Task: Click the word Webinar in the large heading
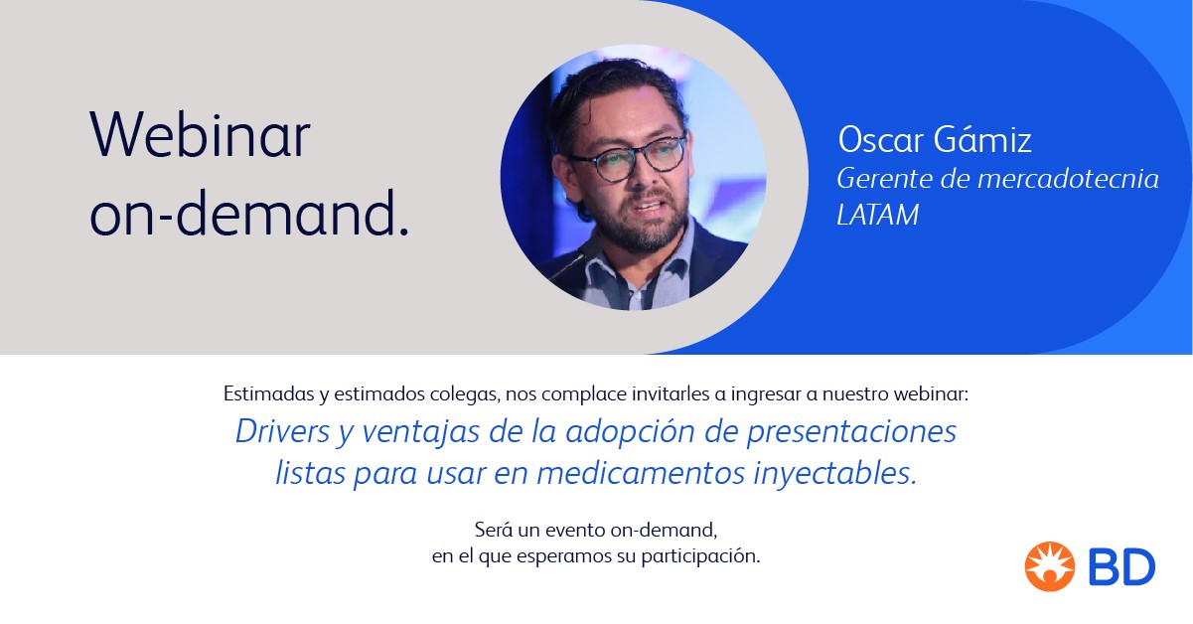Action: [200, 134]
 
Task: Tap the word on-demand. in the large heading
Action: [249, 213]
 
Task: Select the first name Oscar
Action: [881, 140]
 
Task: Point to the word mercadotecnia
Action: [1068, 179]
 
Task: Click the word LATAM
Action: [878, 215]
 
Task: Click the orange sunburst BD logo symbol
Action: [1049, 566]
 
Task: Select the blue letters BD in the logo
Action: [1121, 567]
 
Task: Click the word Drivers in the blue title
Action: [283, 431]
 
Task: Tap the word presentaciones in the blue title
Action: [851, 432]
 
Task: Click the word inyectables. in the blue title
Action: [834, 473]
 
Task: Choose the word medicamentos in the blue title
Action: [640, 473]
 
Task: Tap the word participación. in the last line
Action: [700, 556]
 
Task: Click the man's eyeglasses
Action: [629, 158]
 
